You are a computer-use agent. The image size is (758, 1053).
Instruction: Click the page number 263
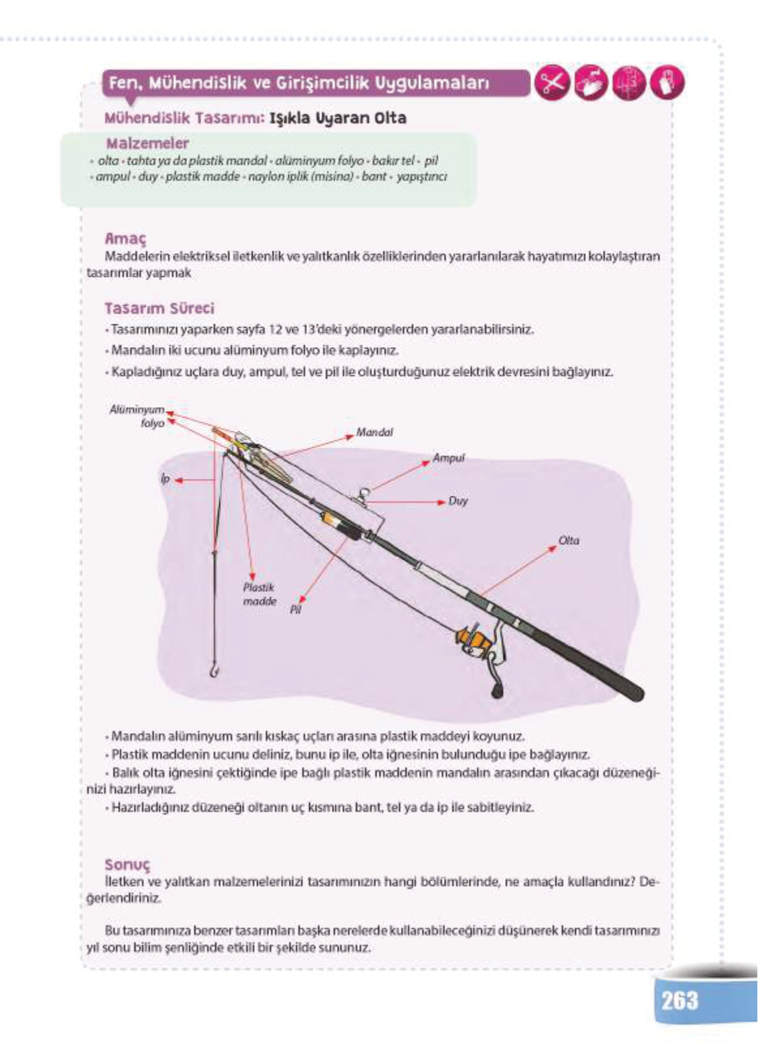[x=679, y=1000]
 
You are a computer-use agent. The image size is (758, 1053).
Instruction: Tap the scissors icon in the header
[x=551, y=84]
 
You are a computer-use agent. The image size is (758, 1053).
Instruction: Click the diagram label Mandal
[x=374, y=432]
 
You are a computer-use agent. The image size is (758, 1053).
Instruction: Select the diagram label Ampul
[x=449, y=458]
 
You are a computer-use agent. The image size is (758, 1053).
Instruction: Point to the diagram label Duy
[x=458, y=501]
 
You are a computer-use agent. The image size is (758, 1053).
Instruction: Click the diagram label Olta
[x=568, y=540]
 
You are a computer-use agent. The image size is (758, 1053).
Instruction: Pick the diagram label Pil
[x=295, y=610]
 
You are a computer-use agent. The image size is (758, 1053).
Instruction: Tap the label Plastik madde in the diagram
[x=259, y=594]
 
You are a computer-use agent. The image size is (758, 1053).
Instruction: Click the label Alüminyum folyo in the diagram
[x=138, y=416]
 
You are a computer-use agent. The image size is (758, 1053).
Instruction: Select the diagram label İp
[x=165, y=479]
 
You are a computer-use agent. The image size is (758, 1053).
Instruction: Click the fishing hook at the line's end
[x=213, y=669]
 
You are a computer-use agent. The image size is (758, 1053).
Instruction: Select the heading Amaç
[x=125, y=238]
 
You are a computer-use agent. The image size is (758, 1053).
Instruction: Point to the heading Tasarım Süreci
[x=159, y=308]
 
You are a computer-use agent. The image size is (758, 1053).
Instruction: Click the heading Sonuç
[x=127, y=865]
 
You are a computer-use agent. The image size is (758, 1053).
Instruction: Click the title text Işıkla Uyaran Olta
[x=338, y=118]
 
